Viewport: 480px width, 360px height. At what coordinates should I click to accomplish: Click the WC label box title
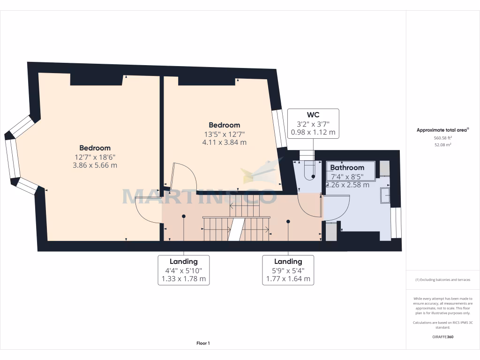click(313, 115)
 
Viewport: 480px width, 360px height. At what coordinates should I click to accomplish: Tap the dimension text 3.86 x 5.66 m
click(95, 165)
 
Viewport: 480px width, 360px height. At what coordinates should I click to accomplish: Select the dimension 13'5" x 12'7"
click(224, 134)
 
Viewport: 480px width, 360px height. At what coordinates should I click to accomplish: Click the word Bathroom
click(347, 167)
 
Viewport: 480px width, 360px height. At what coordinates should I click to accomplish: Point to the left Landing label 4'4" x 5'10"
click(183, 270)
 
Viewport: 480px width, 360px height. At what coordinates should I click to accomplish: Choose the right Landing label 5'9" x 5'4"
click(288, 270)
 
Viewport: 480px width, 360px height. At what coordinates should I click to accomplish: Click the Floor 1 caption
click(203, 344)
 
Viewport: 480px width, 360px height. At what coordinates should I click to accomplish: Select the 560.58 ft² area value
click(443, 138)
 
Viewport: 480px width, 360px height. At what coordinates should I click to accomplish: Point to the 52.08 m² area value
click(443, 145)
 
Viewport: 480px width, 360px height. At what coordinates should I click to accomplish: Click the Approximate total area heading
click(442, 130)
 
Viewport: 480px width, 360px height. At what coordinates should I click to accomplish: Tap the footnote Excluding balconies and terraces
click(443, 280)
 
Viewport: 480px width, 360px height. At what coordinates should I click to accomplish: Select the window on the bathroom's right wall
click(396, 222)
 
